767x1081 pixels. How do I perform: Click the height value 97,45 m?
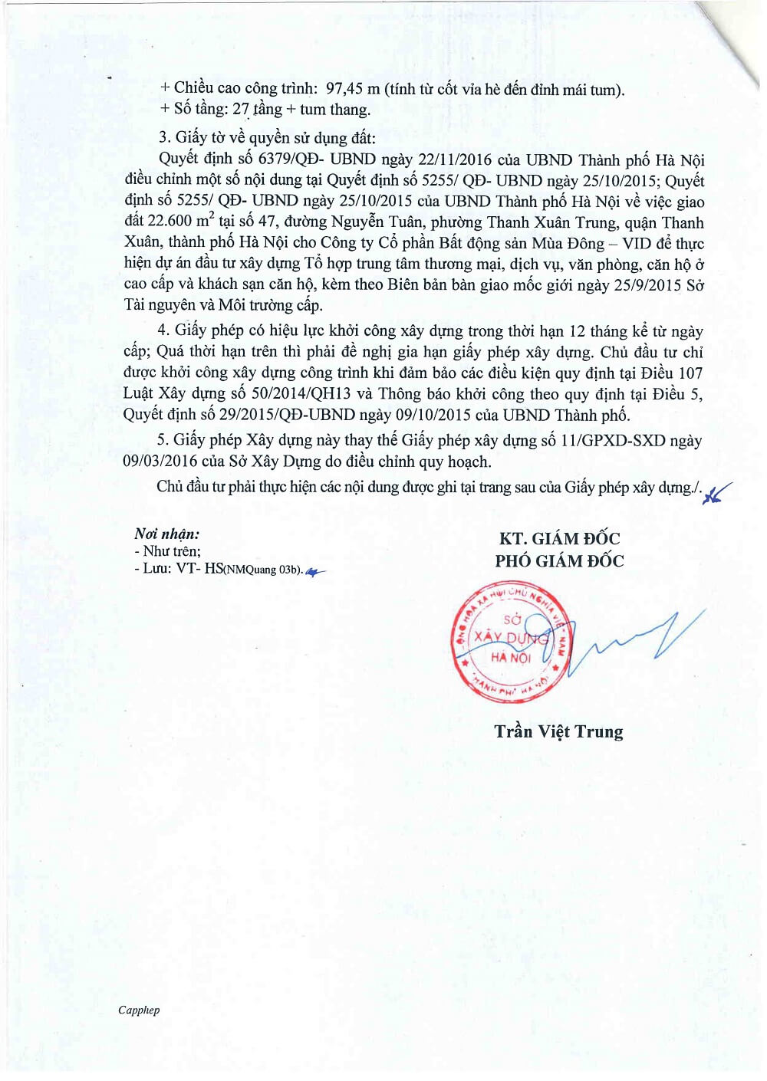(353, 89)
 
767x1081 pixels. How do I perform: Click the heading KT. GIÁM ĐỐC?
(559, 539)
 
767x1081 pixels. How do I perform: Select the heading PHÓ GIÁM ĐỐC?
(559, 561)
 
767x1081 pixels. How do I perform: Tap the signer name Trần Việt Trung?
(558, 732)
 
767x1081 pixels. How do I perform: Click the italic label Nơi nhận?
(166, 534)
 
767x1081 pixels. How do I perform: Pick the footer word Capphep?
(139, 1010)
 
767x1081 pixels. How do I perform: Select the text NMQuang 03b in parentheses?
(261, 570)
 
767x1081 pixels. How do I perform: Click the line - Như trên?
(167, 551)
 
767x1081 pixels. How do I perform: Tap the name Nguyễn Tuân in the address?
(377, 222)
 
